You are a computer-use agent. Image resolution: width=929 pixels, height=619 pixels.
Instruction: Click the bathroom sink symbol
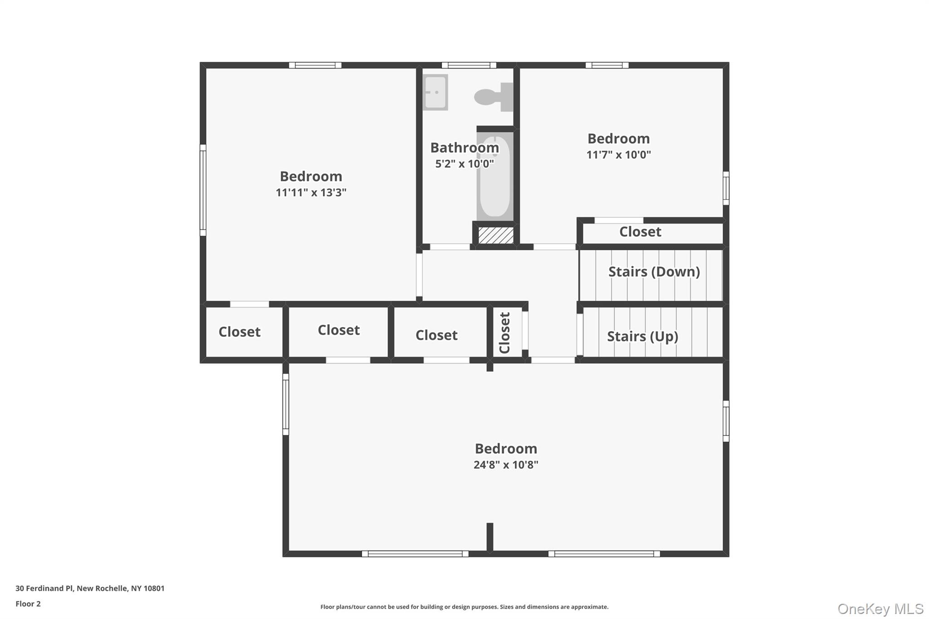pos(435,92)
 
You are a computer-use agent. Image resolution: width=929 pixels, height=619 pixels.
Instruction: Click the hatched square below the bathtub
pos(496,235)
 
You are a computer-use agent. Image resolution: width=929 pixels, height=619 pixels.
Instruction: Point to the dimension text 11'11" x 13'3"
pos(311,192)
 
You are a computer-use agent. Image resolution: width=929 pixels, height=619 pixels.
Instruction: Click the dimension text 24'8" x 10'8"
pos(506,464)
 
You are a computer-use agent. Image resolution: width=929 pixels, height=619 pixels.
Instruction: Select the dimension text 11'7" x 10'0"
pos(618,155)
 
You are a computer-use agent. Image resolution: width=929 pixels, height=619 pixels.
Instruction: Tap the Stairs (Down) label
pos(654,272)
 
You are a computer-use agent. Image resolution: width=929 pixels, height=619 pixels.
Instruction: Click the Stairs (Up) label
pos(642,336)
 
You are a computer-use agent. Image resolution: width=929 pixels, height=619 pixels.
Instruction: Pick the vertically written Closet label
pos(504,333)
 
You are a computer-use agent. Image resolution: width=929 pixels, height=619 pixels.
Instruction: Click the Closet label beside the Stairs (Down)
pos(640,232)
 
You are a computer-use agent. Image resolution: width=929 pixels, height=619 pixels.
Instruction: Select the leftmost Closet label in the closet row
pos(240,331)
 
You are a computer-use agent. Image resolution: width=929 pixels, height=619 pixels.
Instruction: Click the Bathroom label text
pos(464,147)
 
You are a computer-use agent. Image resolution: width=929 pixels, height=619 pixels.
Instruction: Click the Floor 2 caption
pos(28,604)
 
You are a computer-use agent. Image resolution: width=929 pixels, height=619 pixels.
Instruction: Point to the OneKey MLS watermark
pos(880,609)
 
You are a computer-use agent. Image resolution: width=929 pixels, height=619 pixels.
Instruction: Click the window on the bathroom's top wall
pos(469,65)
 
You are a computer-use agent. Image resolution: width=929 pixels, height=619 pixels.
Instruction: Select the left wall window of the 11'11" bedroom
pos(203,190)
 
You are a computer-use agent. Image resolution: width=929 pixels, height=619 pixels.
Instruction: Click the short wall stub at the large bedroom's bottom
pos(490,538)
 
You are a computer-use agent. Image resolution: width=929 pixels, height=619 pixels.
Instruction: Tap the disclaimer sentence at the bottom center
pos(464,607)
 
